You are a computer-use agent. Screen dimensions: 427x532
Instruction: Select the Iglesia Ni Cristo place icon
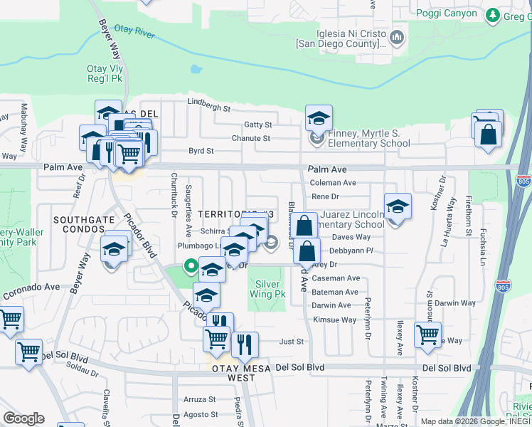397,36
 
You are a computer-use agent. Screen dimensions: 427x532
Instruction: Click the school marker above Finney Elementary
319,117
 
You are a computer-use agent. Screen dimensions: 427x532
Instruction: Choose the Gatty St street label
258,125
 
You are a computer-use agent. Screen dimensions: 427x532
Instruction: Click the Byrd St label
201,151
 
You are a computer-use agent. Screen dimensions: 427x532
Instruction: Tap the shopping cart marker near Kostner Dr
427,334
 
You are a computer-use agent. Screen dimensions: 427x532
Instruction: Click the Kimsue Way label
334,320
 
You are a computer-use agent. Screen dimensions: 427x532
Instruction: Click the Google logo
23,418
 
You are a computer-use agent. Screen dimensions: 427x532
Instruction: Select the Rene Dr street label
325,196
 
